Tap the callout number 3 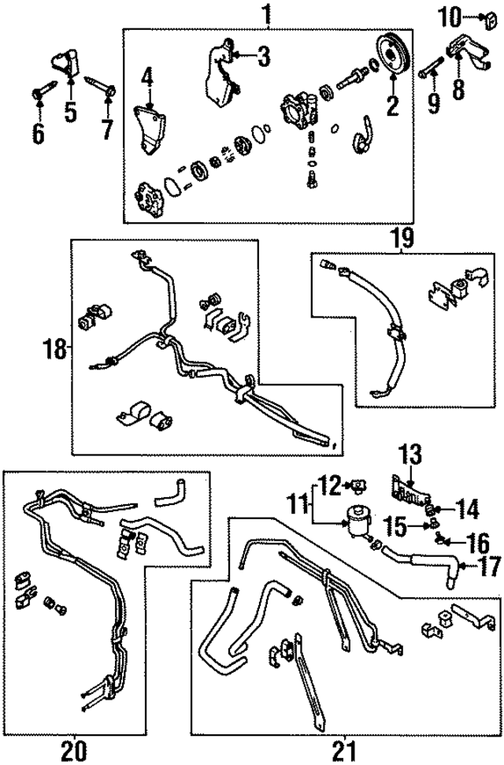(x=264, y=55)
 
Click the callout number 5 (x=71, y=111)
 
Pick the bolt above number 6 (x=39, y=94)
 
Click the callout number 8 (x=458, y=87)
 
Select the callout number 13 (x=411, y=455)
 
